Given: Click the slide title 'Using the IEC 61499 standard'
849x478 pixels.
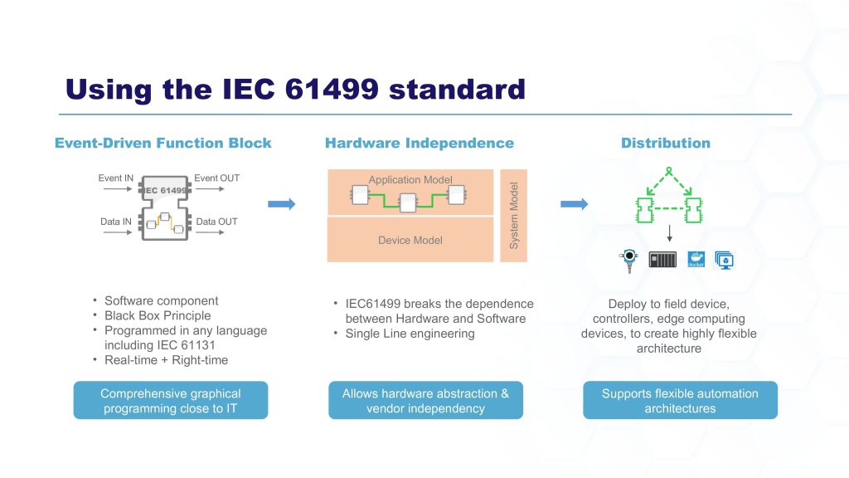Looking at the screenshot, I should click(295, 89).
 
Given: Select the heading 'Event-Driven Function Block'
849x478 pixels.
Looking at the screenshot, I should click(163, 143).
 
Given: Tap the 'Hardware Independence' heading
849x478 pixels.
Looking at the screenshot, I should click(419, 143).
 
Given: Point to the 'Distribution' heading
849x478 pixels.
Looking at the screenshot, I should click(665, 143).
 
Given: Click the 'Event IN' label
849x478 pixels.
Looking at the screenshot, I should click(115, 178).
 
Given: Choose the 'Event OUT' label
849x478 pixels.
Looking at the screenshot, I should click(216, 178).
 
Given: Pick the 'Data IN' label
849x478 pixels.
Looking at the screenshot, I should click(115, 222).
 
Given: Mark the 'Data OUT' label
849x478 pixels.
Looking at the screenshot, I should click(216, 222).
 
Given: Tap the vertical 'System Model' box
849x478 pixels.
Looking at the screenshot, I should click(514, 216).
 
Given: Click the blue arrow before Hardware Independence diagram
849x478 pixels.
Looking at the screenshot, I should click(282, 204).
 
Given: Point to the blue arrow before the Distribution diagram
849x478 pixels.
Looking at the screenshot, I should click(575, 204).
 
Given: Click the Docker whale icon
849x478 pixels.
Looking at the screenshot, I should click(696, 260).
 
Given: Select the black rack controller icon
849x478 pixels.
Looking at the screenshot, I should click(662, 260).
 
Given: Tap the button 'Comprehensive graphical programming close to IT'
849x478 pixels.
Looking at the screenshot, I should click(170, 400).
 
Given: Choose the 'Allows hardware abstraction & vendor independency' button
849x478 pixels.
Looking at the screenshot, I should click(425, 400).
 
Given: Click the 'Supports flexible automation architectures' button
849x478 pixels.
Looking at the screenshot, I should click(680, 400).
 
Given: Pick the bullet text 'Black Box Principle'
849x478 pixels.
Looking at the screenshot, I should click(158, 315).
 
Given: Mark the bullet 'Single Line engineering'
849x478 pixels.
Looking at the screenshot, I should click(410, 334).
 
